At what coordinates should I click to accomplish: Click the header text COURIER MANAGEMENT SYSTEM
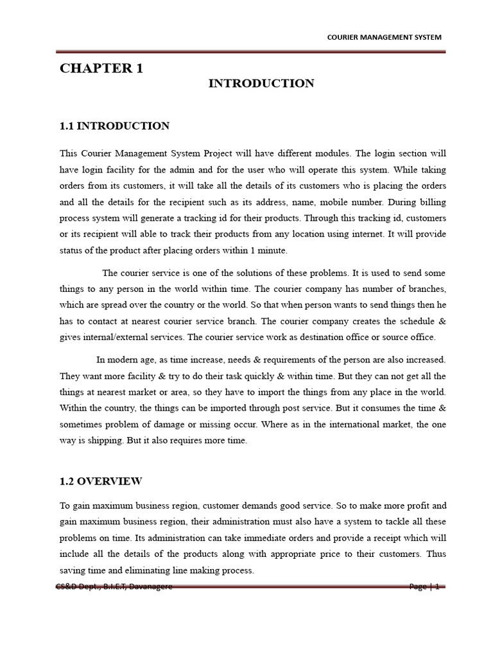click(385, 37)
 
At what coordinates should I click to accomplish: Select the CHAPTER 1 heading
click(101, 69)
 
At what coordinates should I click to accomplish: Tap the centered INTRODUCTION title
click(261, 83)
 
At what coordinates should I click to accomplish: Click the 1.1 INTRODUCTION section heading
click(114, 126)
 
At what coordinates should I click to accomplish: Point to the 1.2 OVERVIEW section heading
click(101, 481)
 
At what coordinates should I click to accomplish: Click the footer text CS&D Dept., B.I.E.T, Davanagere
click(114, 586)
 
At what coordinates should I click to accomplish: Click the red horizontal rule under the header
click(250, 51)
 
